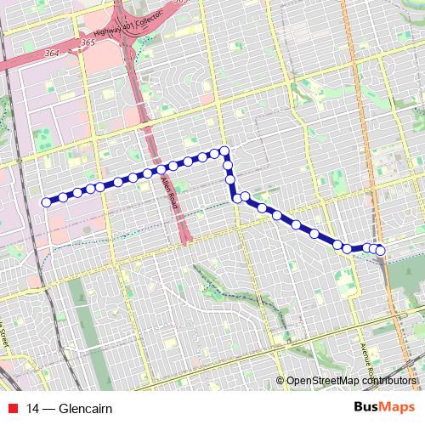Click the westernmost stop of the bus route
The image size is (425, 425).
pos(46,202)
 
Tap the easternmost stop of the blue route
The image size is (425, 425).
pos(380,250)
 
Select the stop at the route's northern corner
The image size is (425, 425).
pos(225,151)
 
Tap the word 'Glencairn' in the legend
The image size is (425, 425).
pos(85,408)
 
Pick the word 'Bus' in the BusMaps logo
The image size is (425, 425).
pos(368,407)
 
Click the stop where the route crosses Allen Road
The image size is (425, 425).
pos(161,170)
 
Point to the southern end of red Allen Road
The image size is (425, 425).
pos(185,242)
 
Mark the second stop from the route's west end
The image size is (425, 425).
pos(63,197)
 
